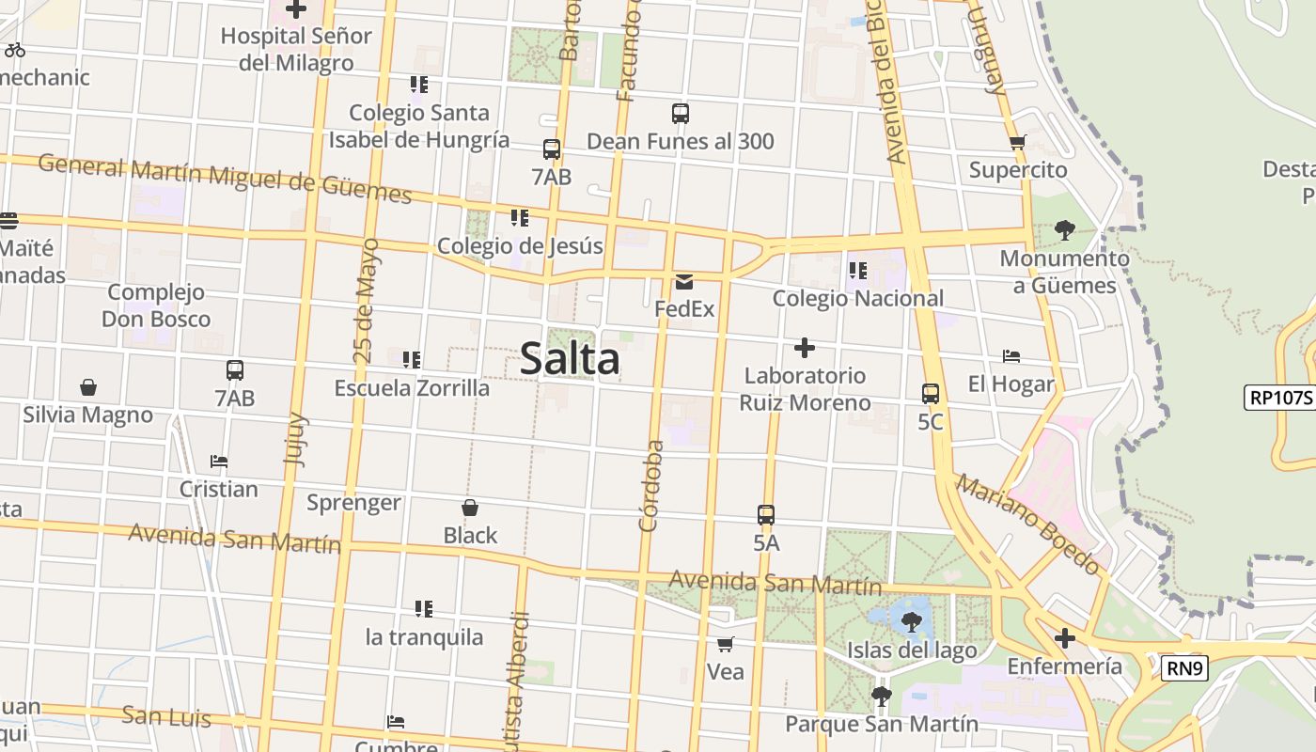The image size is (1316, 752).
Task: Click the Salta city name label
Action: (x=570, y=359)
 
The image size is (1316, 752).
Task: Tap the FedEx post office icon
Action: (x=683, y=281)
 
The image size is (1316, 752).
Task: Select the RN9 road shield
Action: (x=1184, y=668)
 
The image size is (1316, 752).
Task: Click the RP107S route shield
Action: (x=1279, y=397)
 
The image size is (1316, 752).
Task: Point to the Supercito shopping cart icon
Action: (x=1017, y=143)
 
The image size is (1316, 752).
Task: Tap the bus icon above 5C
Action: (x=930, y=394)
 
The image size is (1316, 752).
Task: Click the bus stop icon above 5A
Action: (x=766, y=515)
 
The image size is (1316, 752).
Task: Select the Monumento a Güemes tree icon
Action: (x=1064, y=230)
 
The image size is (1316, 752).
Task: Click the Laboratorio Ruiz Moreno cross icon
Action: (x=804, y=348)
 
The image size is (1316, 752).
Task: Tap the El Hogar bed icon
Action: (x=1011, y=356)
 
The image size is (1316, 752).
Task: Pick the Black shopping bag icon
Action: (x=470, y=508)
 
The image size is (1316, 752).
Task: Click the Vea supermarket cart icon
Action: (x=725, y=645)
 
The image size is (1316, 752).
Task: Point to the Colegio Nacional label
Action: (x=857, y=298)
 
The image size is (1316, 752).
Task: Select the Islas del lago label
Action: (x=912, y=650)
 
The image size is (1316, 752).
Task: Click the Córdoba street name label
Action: (x=650, y=486)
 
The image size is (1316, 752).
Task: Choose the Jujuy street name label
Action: (x=295, y=439)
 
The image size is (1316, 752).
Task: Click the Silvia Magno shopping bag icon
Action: (x=87, y=387)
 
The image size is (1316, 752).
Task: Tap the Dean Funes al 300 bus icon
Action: (x=681, y=114)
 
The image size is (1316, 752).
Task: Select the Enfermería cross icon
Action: (x=1064, y=639)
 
